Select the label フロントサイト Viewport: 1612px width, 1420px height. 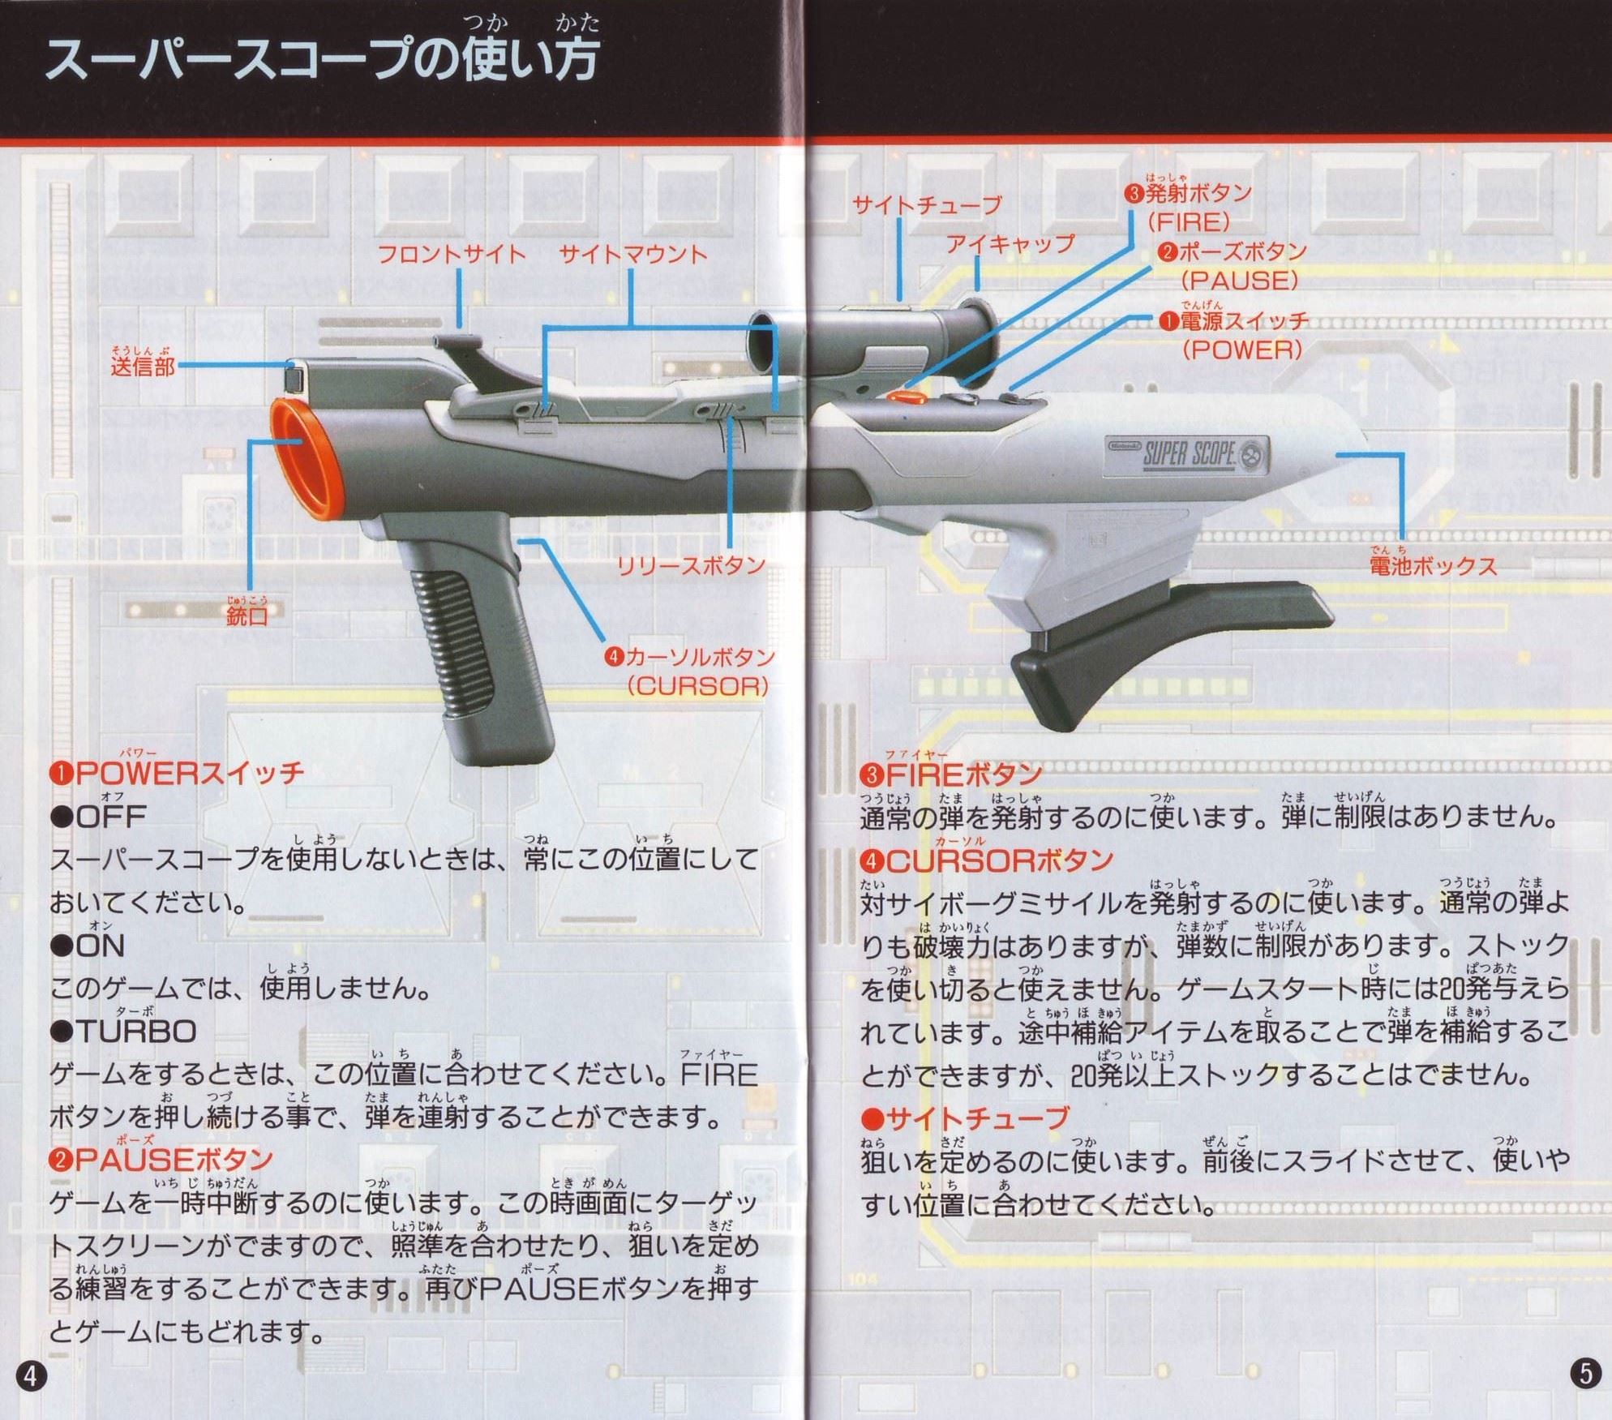click(x=452, y=255)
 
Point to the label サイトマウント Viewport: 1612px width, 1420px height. click(x=633, y=255)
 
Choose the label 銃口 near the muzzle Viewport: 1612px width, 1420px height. click(x=247, y=615)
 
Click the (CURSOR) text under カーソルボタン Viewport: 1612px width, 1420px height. click(x=697, y=686)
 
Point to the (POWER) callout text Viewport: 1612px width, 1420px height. click(x=1241, y=350)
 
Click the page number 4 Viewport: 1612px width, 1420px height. click(x=31, y=1375)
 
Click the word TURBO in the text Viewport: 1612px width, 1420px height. click(x=136, y=1032)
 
